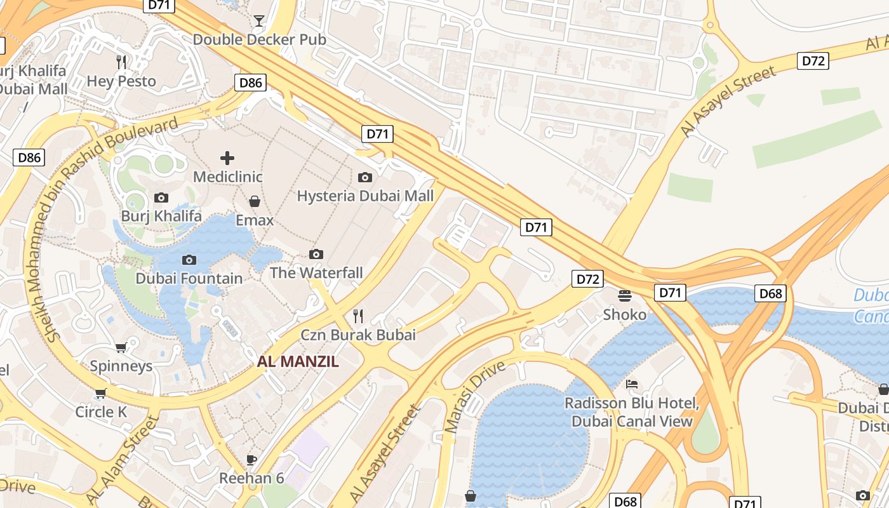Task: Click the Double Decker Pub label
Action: click(259, 39)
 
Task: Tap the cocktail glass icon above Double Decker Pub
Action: click(258, 21)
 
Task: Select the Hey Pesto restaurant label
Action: click(121, 81)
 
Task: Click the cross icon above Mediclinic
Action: click(227, 158)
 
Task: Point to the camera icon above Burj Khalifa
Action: click(161, 197)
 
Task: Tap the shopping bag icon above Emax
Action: click(255, 201)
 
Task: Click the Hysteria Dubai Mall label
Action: click(365, 196)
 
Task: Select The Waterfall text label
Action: click(316, 273)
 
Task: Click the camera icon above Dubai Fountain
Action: click(189, 260)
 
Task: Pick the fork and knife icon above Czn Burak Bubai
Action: click(358, 316)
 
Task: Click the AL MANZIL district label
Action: click(298, 362)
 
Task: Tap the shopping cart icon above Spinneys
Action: click(121, 347)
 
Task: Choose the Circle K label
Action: click(101, 412)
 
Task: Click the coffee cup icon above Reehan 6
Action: click(251, 460)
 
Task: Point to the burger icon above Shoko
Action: click(625, 295)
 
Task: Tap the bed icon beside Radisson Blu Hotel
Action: click(632, 384)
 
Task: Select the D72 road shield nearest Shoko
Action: click(587, 279)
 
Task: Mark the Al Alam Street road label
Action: click(121, 460)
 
